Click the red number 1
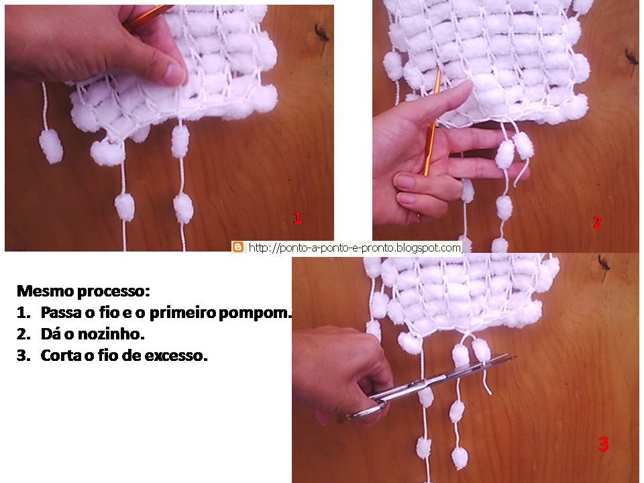(x=297, y=217)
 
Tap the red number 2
(x=598, y=222)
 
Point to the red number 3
(x=603, y=444)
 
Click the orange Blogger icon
(x=237, y=247)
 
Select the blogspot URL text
(x=355, y=248)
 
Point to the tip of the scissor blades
(x=515, y=358)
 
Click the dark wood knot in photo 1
(x=321, y=32)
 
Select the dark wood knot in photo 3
(x=603, y=262)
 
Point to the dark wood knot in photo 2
(x=631, y=56)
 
